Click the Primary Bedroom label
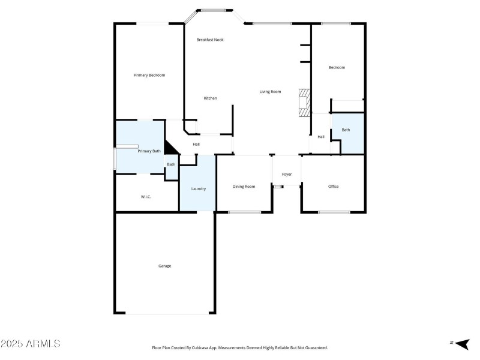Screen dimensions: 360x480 (x=149, y=75)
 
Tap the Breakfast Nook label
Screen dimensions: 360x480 (x=210, y=40)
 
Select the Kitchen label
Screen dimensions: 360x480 (x=210, y=98)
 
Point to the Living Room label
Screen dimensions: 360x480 (x=270, y=92)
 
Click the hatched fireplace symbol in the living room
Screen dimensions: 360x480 (x=305, y=102)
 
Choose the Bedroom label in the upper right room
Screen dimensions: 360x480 (x=337, y=67)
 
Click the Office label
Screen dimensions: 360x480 (x=333, y=187)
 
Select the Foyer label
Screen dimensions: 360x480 (x=287, y=175)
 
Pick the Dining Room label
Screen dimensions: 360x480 (x=244, y=187)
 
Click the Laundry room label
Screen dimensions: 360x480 (x=199, y=189)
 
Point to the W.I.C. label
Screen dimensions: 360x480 (x=146, y=197)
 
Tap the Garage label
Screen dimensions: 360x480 (x=164, y=266)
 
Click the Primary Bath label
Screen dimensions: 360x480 (x=149, y=151)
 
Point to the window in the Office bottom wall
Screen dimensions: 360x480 (x=334, y=212)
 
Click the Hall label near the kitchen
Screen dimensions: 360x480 (x=196, y=144)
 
